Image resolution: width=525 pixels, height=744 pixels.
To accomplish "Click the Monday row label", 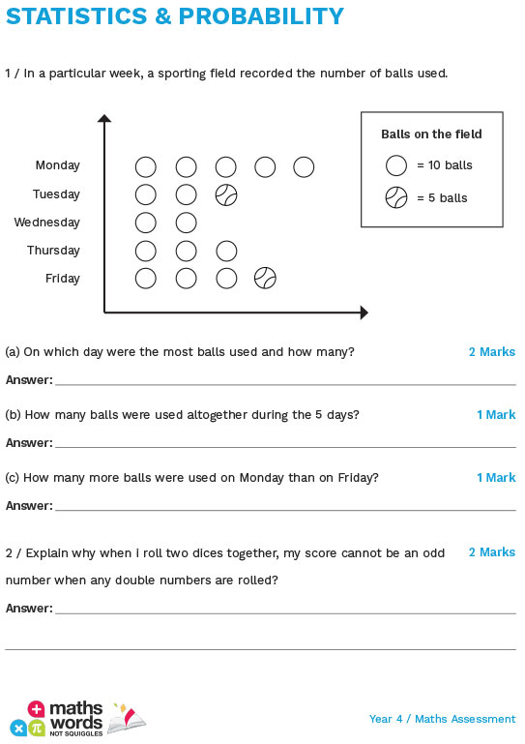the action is [57, 165].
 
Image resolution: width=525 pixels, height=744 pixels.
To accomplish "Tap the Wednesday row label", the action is [46, 223].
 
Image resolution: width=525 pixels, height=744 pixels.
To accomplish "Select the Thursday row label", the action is [53, 251].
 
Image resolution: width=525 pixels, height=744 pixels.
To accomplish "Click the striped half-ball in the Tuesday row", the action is [226, 195].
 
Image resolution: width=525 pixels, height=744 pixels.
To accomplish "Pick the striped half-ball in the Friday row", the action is [265, 279].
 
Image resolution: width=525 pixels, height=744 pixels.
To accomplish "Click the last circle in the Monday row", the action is [304, 167].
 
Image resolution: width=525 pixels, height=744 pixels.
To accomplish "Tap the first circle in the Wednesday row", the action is [146, 223].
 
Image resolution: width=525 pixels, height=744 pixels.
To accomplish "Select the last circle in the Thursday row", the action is [226, 252].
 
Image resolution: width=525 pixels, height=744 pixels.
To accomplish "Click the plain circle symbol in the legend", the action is [396, 165].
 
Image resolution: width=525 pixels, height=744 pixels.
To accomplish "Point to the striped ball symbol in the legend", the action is [396, 198].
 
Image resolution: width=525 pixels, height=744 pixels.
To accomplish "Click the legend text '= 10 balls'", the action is [445, 165].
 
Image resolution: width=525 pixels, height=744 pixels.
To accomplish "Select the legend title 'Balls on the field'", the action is [431, 134].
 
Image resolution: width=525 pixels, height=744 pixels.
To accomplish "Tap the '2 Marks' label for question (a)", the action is [491, 352].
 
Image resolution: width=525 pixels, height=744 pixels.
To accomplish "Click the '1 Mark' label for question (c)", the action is [495, 478].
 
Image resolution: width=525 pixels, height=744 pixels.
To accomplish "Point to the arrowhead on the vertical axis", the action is [104, 119].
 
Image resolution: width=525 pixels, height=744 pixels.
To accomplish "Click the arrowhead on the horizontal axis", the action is [364, 312].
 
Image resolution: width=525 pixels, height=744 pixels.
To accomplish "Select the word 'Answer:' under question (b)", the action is [29, 443].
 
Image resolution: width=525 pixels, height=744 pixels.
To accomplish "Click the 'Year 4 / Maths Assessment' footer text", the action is [442, 719].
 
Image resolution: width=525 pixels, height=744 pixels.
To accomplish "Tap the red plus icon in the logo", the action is [37, 709].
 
